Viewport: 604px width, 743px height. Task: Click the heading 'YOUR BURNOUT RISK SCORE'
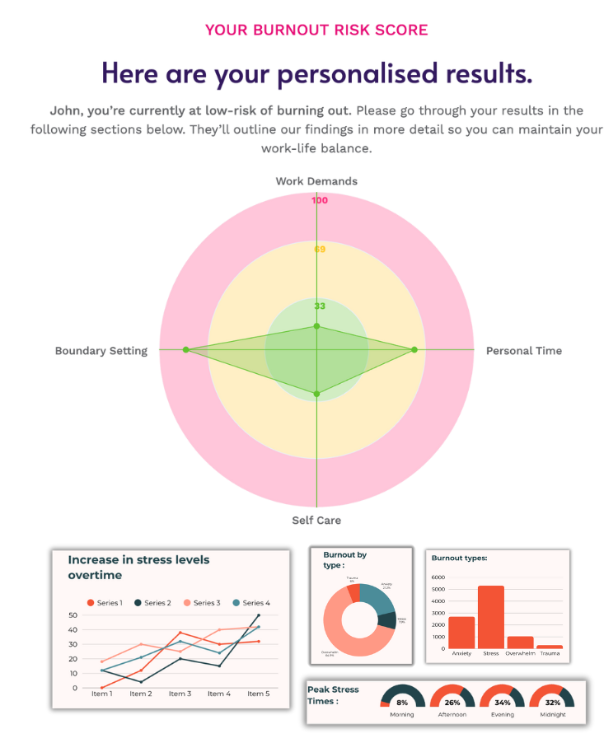click(x=316, y=30)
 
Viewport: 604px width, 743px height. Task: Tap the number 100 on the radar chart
click(x=320, y=200)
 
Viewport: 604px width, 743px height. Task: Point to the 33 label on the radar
click(x=320, y=306)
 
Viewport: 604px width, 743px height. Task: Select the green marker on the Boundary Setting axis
click(x=185, y=350)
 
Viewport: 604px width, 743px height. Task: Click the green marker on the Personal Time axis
click(x=414, y=350)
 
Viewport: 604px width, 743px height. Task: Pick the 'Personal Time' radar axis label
click(x=523, y=351)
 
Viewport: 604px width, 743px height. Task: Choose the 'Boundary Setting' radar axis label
click(x=101, y=351)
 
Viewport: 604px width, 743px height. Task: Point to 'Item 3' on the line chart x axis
click(x=180, y=694)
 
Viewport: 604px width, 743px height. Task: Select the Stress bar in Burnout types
click(x=490, y=617)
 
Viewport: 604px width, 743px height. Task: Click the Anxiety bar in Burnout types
click(x=461, y=633)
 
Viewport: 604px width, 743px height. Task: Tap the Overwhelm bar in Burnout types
click(x=520, y=643)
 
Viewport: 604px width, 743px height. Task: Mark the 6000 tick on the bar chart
click(x=437, y=578)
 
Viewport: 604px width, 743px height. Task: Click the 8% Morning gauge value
click(x=402, y=703)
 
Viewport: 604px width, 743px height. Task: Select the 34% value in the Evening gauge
click(x=503, y=703)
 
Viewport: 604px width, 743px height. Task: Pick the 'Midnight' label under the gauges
click(x=553, y=715)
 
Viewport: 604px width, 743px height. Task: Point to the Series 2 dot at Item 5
click(x=258, y=615)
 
